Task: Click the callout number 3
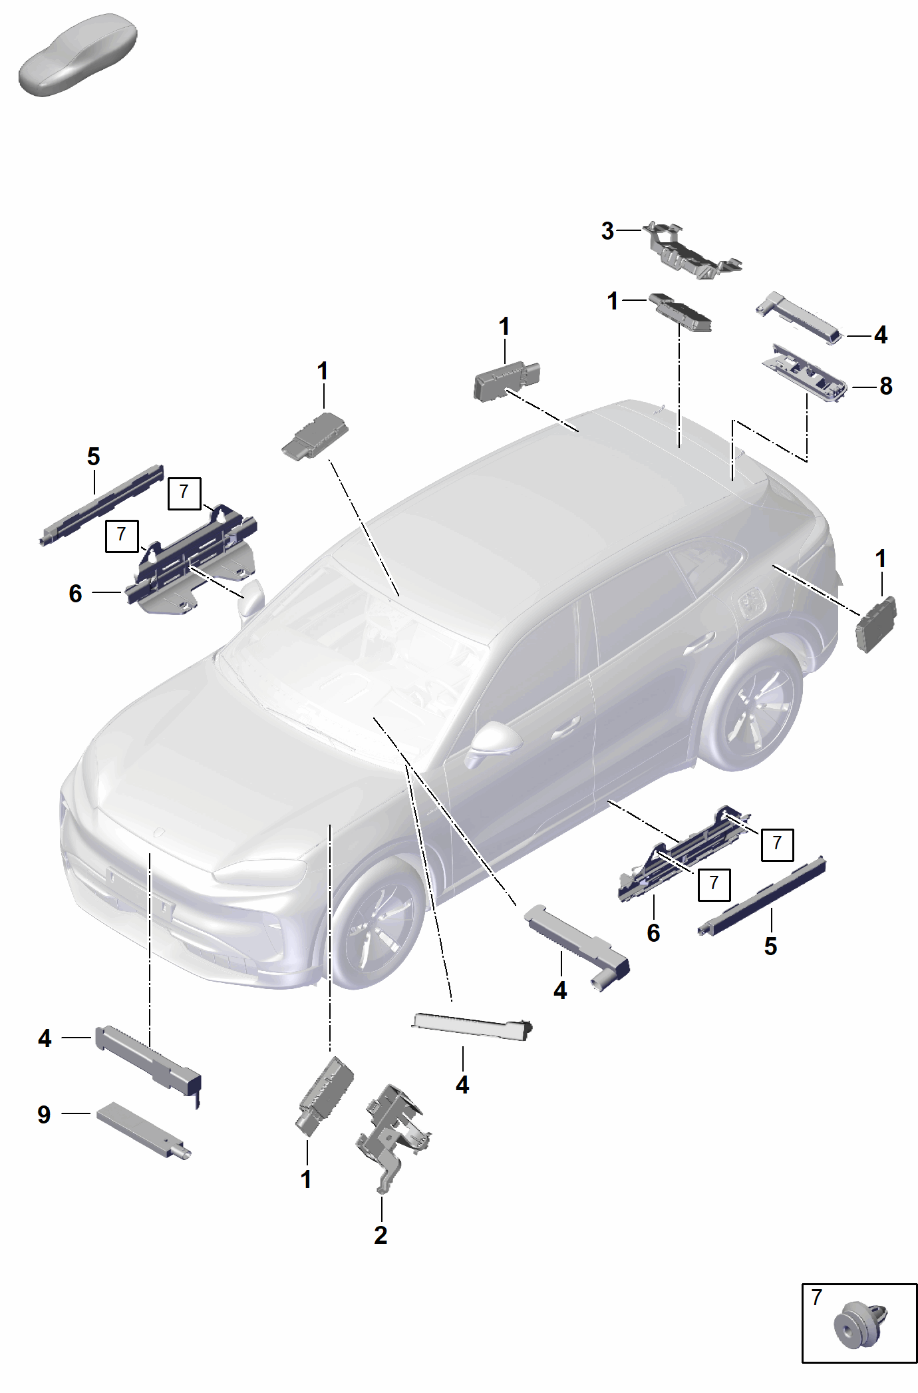coord(607,231)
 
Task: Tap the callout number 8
coord(886,386)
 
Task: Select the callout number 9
coord(44,1114)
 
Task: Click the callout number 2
coord(381,1235)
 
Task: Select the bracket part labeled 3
coord(692,251)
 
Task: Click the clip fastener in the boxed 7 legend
coord(859,1325)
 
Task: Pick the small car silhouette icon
coord(78,55)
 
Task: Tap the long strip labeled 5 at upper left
coord(101,505)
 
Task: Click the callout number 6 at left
coord(75,594)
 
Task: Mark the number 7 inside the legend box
coord(817,1297)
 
